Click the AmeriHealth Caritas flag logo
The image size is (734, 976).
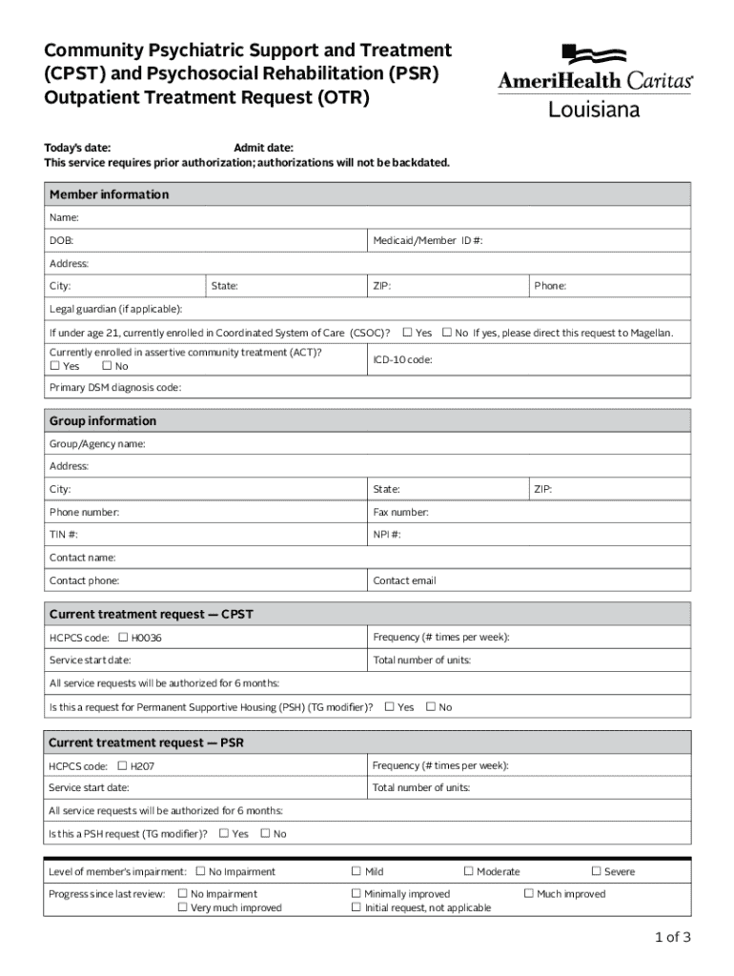coord(594,54)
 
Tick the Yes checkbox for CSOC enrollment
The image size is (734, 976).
coord(407,333)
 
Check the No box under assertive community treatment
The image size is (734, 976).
coord(107,366)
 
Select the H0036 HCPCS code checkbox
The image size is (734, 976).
coord(122,637)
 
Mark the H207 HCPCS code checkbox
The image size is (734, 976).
coord(122,765)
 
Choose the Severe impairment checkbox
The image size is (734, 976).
coord(596,871)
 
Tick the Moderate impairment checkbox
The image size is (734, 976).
coord(468,871)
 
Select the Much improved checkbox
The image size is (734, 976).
coord(528,893)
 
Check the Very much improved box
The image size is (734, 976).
coord(182,907)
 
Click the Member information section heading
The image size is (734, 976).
coord(109,194)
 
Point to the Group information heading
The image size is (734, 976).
coord(103,421)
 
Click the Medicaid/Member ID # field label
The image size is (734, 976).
coord(428,241)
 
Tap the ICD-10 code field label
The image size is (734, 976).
coord(403,360)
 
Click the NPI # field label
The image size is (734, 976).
coord(387,535)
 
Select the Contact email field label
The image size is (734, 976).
coord(405,580)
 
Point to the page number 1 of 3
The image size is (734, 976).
coord(672,937)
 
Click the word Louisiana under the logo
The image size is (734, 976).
coord(594,110)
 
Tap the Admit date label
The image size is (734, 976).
coord(264,148)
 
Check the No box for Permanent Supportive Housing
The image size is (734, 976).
coord(430,706)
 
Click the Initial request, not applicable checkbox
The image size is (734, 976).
coord(356,907)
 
